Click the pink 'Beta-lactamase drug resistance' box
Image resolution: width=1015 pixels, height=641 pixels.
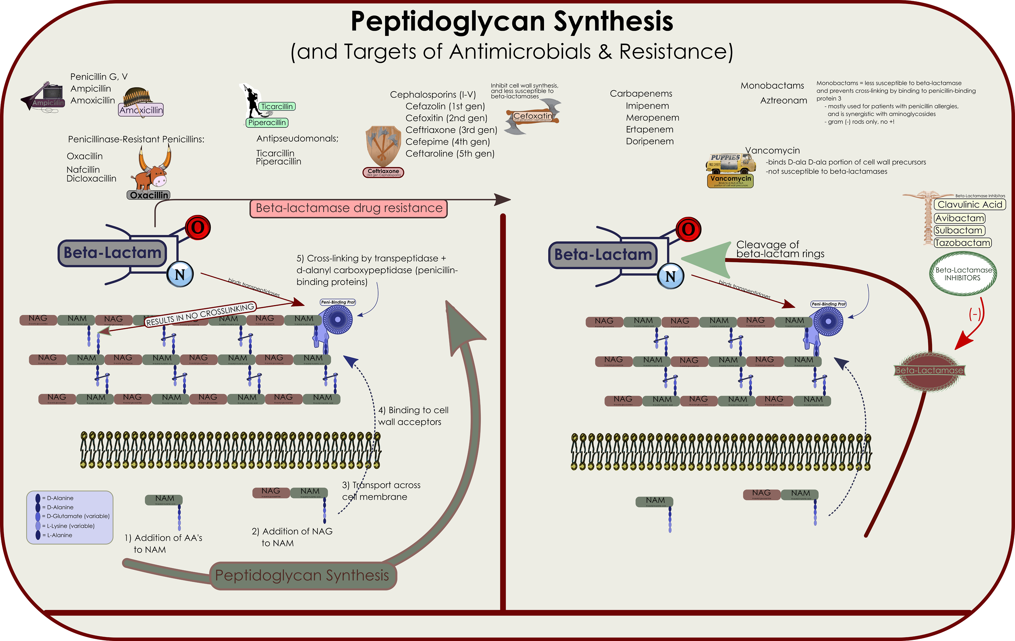pyautogui.click(x=349, y=209)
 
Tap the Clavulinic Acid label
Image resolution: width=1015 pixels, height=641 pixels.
pyautogui.click(x=970, y=204)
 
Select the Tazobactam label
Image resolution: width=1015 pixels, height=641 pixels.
pyautogui.click(x=963, y=243)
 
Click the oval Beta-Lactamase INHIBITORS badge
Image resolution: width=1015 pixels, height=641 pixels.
pyautogui.click(x=963, y=274)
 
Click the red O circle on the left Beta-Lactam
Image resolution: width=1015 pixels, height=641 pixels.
pyautogui.click(x=198, y=228)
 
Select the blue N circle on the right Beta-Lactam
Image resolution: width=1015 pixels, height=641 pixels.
pyautogui.click(x=670, y=276)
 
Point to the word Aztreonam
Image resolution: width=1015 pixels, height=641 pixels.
pyautogui.click(x=784, y=100)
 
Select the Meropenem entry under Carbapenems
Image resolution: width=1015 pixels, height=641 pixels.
pyautogui.click(x=652, y=118)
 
